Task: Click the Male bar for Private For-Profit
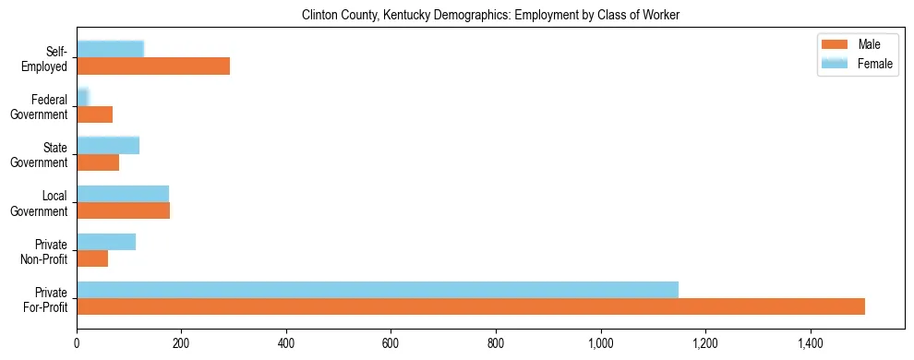click(471, 306)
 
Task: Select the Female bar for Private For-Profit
click(378, 290)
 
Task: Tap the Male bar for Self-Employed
click(153, 66)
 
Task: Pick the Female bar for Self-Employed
click(110, 49)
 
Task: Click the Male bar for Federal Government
click(94, 114)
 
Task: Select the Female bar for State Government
click(108, 145)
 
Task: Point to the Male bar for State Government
click(98, 162)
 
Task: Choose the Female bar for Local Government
click(123, 193)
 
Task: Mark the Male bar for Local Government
click(123, 210)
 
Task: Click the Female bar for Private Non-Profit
click(106, 242)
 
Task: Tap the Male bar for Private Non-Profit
click(92, 258)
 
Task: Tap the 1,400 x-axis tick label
click(811, 343)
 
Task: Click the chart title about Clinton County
click(490, 16)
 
